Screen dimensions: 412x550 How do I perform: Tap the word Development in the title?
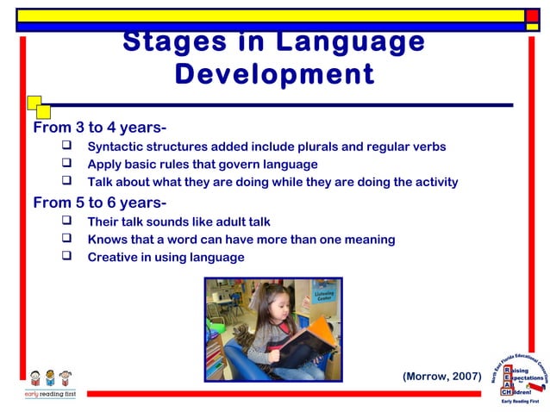point(274,74)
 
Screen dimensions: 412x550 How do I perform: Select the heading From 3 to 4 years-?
point(99,128)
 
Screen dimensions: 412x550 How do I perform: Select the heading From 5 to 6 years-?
point(99,203)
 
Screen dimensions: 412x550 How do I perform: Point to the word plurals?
point(297,147)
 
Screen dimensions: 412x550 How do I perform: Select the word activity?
point(433,182)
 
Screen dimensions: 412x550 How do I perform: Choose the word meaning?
point(366,240)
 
